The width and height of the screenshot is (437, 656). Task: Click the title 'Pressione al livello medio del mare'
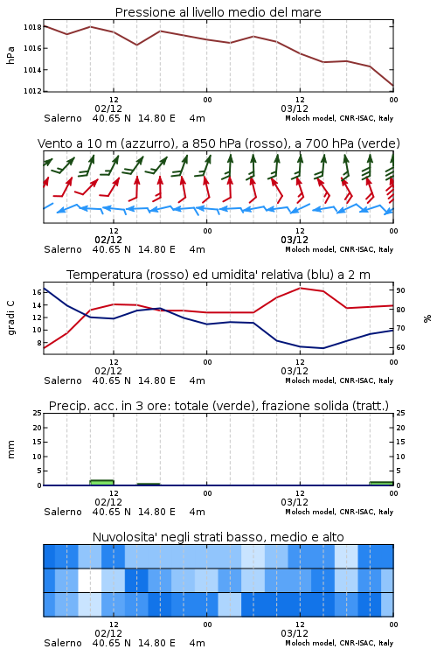pyautogui.click(x=218, y=12)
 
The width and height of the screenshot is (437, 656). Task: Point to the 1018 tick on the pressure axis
pyautogui.click(x=32, y=27)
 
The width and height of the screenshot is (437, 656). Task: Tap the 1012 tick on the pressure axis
pyautogui.click(x=32, y=91)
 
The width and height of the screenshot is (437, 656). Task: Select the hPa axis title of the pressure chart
pyautogui.click(x=10, y=55)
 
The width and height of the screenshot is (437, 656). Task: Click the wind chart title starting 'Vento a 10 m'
pyautogui.click(x=218, y=143)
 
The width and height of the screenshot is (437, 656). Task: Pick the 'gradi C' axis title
pyautogui.click(x=10, y=318)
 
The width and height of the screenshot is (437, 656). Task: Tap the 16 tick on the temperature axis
pyautogui.click(x=37, y=292)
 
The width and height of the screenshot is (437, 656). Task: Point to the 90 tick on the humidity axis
pyautogui.click(x=400, y=290)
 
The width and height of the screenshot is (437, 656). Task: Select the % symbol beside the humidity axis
pyautogui.click(x=427, y=318)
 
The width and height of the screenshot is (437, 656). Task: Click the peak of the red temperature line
pyautogui.click(x=301, y=288)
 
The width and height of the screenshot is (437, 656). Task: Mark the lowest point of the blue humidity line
pyautogui.click(x=323, y=348)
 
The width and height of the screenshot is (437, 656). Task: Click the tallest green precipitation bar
pyautogui.click(x=101, y=482)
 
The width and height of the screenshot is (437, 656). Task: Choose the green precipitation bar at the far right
pyautogui.click(x=381, y=483)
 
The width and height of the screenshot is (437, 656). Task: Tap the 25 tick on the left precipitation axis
pyautogui.click(x=37, y=413)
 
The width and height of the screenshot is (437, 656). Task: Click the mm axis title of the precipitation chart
pyautogui.click(x=10, y=450)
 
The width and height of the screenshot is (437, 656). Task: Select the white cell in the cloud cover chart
pyautogui.click(x=90, y=580)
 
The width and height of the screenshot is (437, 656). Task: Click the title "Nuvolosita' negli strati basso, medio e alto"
pyautogui.click(x=218, y=537)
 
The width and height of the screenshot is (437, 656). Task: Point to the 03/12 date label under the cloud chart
pyautogui.click(x=295, y=633)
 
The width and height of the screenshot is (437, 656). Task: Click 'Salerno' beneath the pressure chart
pyautogui.click(x=63, y=118)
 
